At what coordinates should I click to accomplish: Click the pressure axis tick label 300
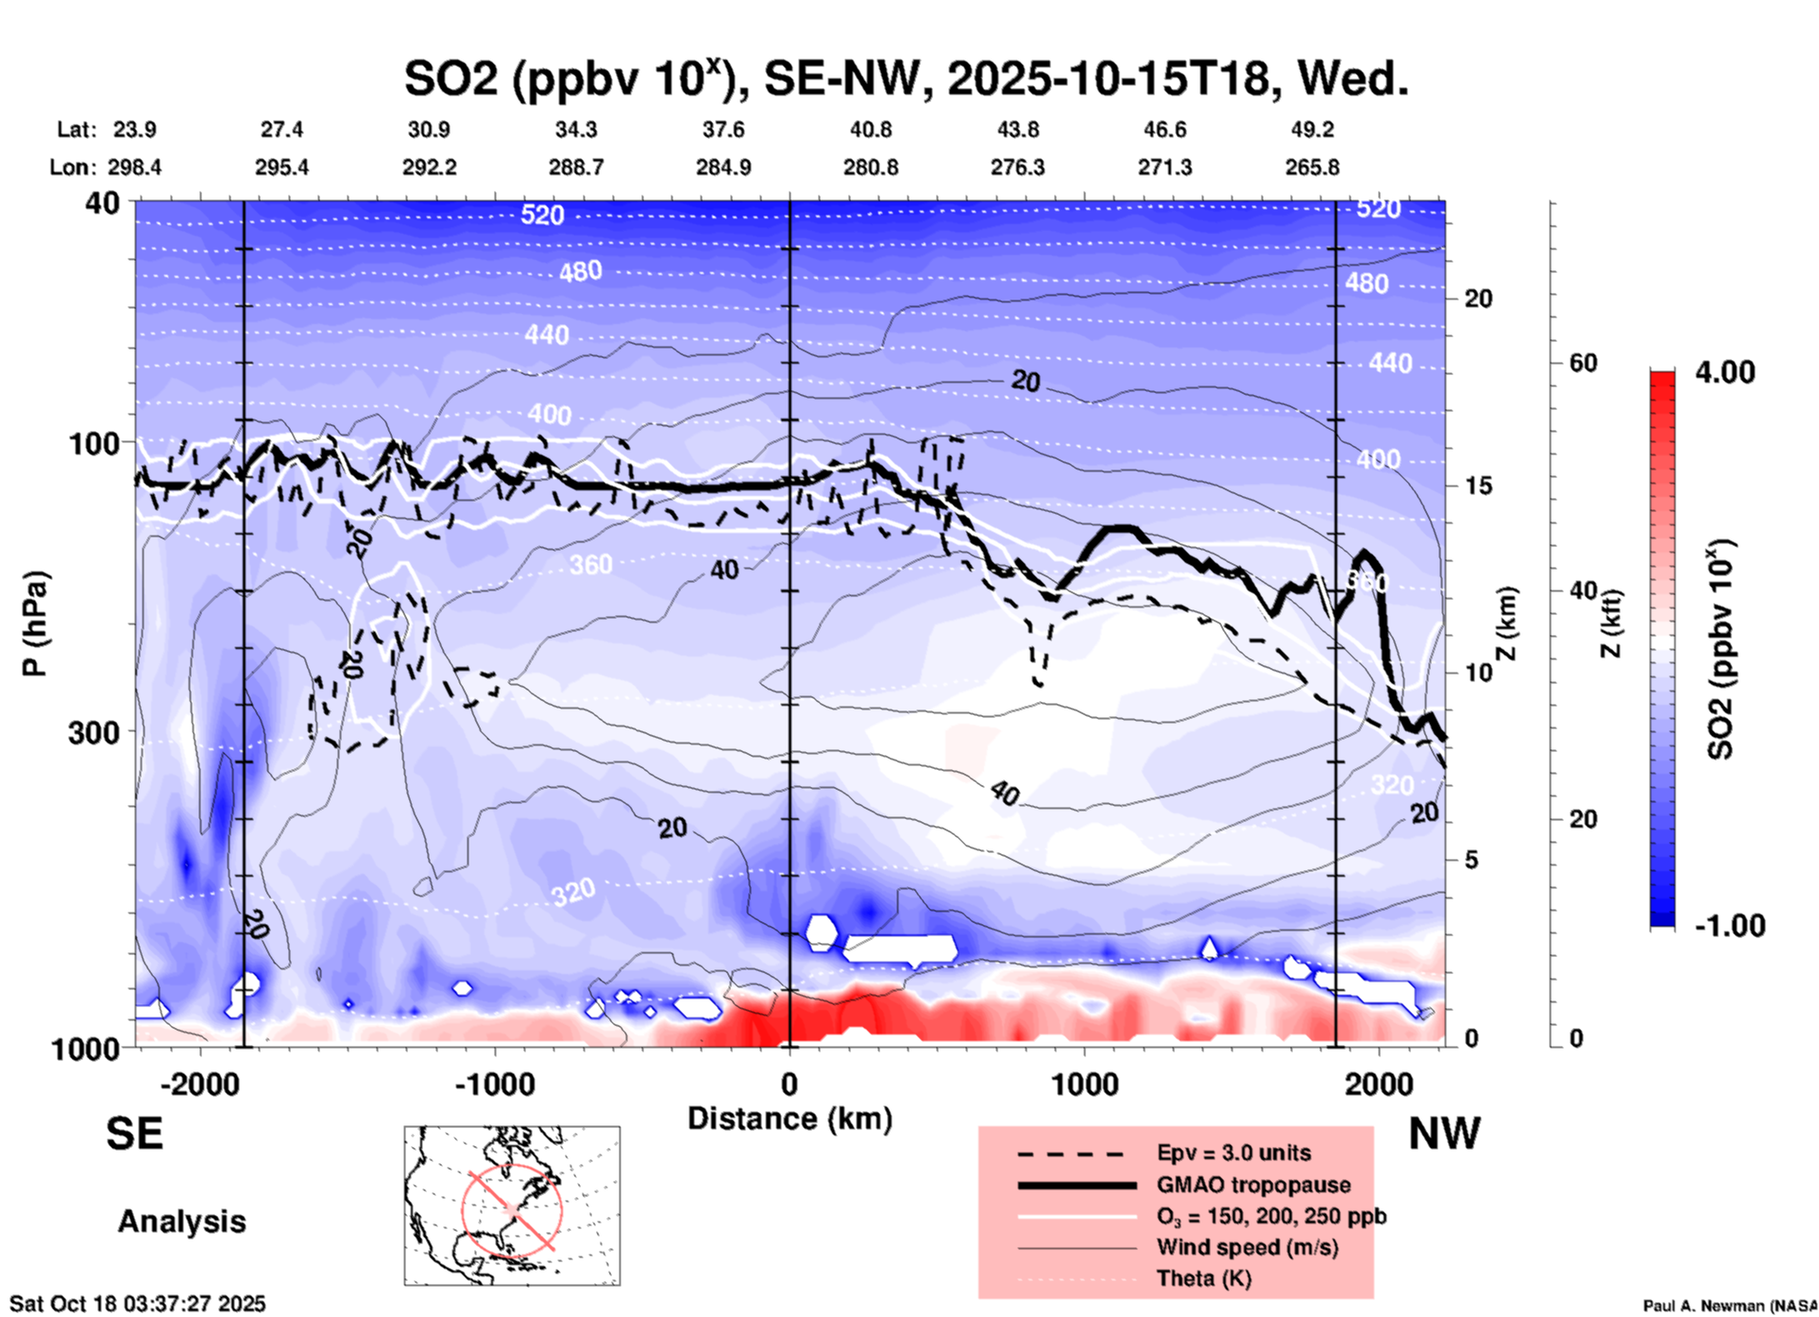pos(93,732)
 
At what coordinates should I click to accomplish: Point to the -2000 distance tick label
pos(199,1084)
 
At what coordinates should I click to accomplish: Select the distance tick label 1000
pos(1084,1084)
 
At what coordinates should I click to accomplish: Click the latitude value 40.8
pos(871,129)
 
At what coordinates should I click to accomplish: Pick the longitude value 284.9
pos(723,167)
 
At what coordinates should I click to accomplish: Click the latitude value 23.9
pos(135,129)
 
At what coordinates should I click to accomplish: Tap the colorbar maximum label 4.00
pos(1725,372)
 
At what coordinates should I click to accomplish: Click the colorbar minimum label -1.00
pos(1729,926)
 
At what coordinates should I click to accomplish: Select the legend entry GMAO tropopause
pos(1253,1185)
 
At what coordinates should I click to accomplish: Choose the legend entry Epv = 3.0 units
pos(1233,1153)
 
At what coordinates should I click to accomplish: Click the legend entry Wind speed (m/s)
pos(1247,1247)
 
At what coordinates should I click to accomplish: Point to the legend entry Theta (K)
pos(1203,1278)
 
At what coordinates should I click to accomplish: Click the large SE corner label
pos(135,1134)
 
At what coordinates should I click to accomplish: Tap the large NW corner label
pos(1444,1134)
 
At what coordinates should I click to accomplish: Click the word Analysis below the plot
pos(181,1222)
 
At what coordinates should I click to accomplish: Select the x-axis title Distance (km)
pos(790,1119)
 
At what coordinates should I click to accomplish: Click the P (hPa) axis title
pos(35,624)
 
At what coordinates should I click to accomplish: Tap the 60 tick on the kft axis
pos(1583,363)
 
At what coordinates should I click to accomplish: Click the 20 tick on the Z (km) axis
pos(1478,299)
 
